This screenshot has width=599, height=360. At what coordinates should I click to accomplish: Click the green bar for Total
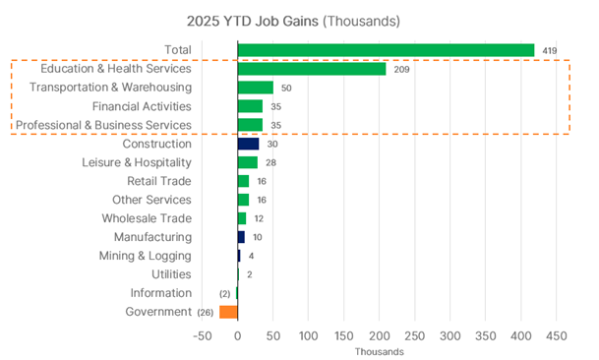(x=386, y=50)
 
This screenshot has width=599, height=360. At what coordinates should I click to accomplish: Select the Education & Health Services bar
(x=311, y=69)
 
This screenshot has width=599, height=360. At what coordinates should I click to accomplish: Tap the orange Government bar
(x=228, y=312)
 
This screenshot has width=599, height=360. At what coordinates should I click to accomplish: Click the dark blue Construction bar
(x=248, y=144)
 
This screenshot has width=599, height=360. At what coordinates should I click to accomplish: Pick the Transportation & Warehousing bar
(x=255, y=88)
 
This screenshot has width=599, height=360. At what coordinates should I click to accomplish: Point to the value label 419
(x=550, y=50)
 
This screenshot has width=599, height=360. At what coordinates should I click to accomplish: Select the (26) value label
(x=205, y=312)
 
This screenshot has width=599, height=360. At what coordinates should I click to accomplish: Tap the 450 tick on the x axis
(x=557, y=336)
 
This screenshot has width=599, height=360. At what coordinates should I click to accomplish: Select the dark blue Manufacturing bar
(x=241, y=237)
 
